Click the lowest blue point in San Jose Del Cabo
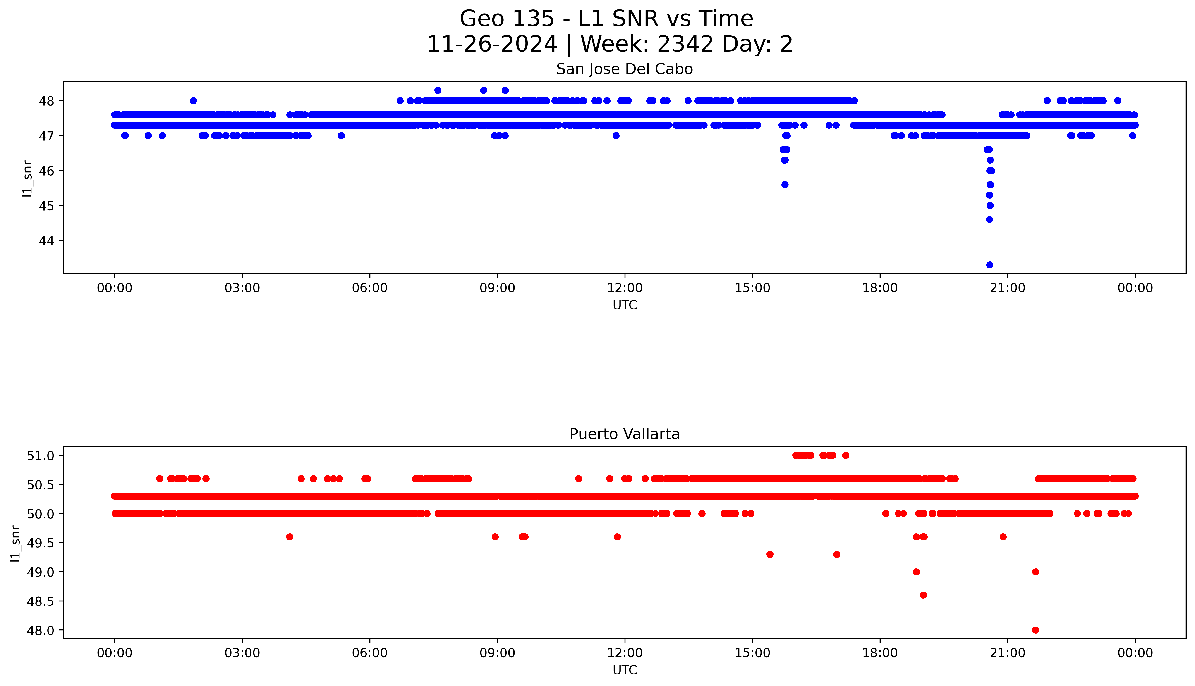[x=989, y=265]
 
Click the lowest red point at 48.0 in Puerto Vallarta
[x=1035, y=630]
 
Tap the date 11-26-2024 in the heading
[x=492, y=44]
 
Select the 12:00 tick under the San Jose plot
[x=625, y=288]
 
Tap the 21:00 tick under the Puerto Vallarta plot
[x=1007, y=653]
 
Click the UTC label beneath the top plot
[x=625, y=305]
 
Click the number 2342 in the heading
[x=685, y=44]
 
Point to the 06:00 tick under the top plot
[x=370, y=288]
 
